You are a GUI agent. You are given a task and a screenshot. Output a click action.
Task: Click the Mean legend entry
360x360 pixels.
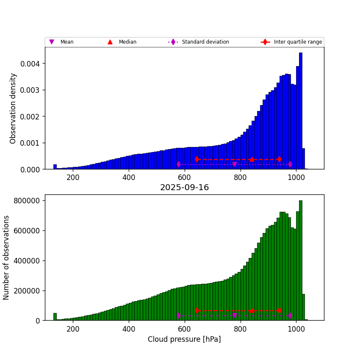click(x=66, y=42)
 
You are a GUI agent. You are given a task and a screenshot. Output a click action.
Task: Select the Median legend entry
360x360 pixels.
click(x=127, y=42)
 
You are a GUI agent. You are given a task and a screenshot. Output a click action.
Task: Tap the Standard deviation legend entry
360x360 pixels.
click(x=205, y=42)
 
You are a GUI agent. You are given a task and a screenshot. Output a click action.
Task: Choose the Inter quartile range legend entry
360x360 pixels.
click(x=297, y=42)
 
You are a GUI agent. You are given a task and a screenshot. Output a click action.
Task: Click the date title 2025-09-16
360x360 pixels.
click(x=184, y=188)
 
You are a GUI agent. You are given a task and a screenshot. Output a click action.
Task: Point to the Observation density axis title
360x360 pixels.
click(x=13, y=108)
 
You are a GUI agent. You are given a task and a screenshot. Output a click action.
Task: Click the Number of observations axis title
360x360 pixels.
click(x=6, y=258)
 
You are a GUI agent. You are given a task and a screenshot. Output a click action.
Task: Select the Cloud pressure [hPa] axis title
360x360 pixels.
click(x=184, y=339)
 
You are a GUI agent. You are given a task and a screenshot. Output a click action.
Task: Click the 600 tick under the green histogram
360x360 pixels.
click(x=185, y=329)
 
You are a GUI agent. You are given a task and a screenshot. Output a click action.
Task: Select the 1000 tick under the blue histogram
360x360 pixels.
click(x=296, y=177)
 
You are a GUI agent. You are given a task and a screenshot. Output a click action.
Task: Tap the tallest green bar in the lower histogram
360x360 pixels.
click(x=301, y=260)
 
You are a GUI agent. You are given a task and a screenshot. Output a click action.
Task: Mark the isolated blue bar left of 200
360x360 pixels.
click(x=55, y=167)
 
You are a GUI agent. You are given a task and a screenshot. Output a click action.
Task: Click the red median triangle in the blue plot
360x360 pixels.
click(x=252, y=159)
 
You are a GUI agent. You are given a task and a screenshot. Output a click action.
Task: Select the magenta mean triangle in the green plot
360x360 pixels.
click(x=235, y=316)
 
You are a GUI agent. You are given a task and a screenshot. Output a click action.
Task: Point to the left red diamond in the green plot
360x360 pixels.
click(x=197, y=310)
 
